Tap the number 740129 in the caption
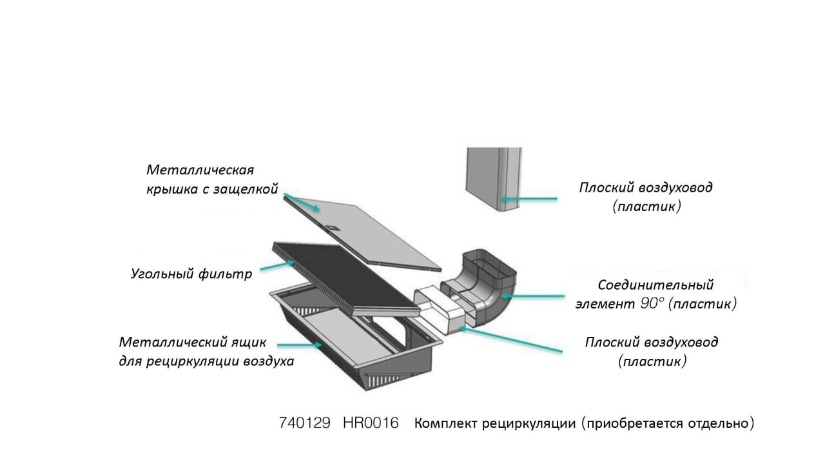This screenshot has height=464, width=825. (x=305, y=423)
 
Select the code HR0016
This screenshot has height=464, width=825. (x=371, y=423)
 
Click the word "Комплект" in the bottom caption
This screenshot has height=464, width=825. (x=445, y=424)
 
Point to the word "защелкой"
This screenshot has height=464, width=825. (x=247, y=190)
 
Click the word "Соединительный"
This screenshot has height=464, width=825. (x=655, y=285)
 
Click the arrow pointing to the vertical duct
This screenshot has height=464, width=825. (x=529, y=199)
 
